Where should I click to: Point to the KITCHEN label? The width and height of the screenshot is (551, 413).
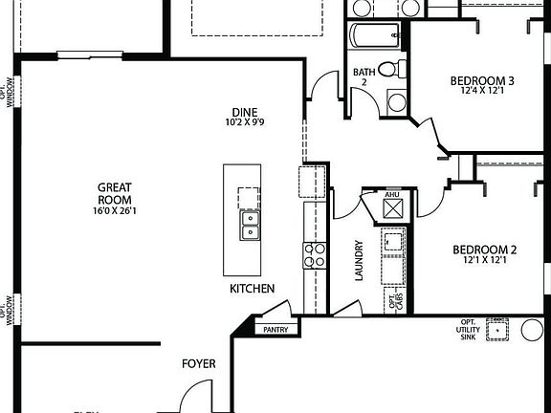(252, 288)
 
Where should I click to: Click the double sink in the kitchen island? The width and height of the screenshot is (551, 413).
(248, 226)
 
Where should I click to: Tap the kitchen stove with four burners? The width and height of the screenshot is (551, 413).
(315, 255)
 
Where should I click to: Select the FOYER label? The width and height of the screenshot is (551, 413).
(199, 364)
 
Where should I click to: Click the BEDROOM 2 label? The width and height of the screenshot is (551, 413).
(484, 251)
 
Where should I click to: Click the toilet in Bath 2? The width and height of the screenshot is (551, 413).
(391, 69)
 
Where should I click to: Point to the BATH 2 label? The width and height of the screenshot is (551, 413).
(364, 76)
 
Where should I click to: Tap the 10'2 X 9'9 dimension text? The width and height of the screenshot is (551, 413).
(246, 122)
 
